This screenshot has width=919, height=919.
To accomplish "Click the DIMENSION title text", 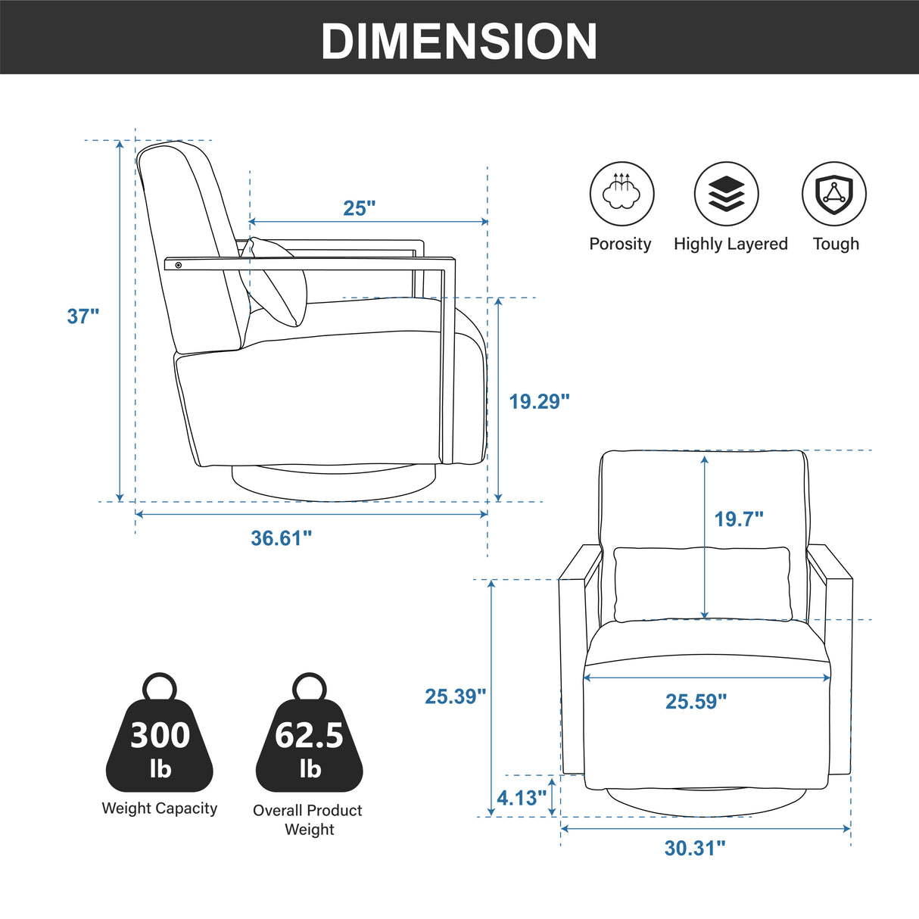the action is coord(459,41).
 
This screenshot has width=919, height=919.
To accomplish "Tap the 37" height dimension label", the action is coord(83,316).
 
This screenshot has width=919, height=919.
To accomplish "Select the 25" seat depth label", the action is coord(359,208).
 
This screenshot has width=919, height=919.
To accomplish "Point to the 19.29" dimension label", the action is coord(539,401).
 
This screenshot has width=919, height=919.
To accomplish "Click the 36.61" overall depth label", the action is coord(282,538).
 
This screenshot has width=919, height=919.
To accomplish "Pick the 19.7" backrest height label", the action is coord(738,519).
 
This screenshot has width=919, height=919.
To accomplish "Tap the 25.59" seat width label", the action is coord(696,701).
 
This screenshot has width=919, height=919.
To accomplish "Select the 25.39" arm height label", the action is coord(456,696).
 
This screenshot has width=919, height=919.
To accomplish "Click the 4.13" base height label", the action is coord(522,797).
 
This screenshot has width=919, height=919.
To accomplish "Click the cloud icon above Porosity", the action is coord(621,194).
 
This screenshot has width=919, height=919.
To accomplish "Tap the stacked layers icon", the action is coord(726,194).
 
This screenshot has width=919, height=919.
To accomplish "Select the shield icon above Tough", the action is coord(834,194).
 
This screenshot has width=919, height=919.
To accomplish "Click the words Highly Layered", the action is coord(731,244).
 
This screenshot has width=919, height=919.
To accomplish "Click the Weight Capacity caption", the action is coord(159,808).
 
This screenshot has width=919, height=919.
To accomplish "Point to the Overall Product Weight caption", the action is coord(308,819).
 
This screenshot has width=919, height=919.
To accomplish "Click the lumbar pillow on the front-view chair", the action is coord(702,584).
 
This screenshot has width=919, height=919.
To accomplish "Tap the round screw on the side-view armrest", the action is coord(179,265).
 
